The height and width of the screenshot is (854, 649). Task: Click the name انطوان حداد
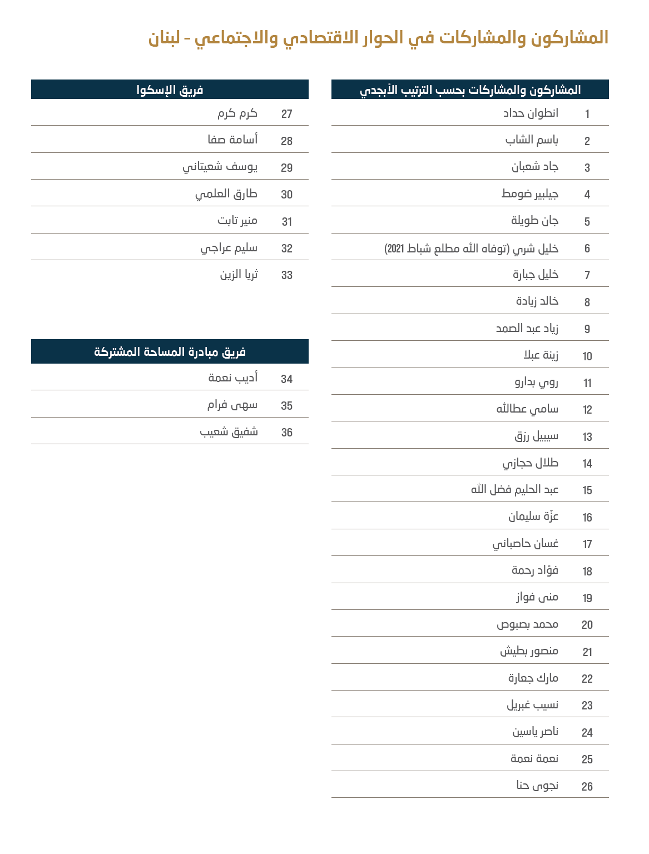[531, 113]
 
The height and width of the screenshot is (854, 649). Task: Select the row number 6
[587, 249]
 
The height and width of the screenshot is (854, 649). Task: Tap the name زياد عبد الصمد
[527, 329]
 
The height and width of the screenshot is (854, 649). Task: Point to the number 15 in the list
[587, 490]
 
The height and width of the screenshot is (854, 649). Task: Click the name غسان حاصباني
[525, 544]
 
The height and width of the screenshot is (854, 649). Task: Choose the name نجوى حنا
[537, 786]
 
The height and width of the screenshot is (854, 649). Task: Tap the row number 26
[587, 787]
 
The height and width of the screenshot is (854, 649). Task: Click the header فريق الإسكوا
[170, 90]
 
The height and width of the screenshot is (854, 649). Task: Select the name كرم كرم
[237, 113]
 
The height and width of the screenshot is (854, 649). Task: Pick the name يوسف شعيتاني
[220, 167]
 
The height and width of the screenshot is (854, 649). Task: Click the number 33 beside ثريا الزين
[287, 275]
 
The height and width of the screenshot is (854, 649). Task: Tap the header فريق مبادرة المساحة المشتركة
[170, 352]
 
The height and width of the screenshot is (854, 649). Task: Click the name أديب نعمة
[232, 378]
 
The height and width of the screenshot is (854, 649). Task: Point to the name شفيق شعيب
[229, 432]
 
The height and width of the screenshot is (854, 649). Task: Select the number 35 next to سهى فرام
[287, 406]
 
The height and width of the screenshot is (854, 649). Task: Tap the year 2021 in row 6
[395, 249]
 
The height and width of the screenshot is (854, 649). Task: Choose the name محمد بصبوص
[527, 624]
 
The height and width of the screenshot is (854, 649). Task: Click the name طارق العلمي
[226, 194]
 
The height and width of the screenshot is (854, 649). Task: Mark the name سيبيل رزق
[536, 436]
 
